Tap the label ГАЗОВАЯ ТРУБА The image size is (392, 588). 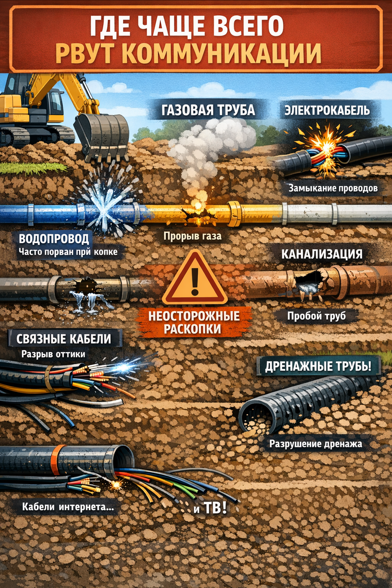tap(208, 110)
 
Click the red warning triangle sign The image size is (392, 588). tap(195, 279)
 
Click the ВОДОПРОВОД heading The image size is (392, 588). tap(54, 239)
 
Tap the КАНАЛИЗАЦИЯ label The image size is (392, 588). tap(322, 254)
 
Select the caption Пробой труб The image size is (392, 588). tap(317, 316)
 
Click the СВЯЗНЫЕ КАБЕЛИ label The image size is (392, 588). tap(64, 339)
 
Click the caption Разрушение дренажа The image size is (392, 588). tap(316, 445)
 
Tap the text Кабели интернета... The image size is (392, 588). tap(68, 507)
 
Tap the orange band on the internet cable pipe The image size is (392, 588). tap(54, 459)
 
